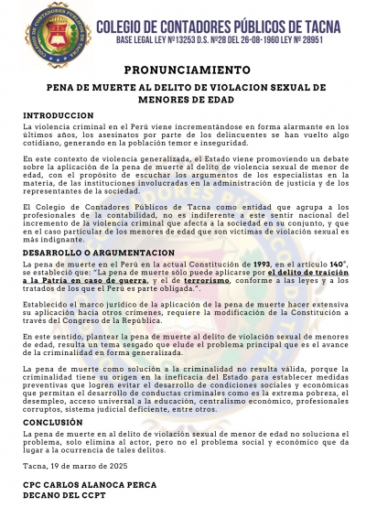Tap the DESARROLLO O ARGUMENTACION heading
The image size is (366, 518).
[98, 252]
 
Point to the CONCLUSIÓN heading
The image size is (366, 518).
[56, 423]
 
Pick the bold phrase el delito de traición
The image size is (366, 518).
[307, 273]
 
